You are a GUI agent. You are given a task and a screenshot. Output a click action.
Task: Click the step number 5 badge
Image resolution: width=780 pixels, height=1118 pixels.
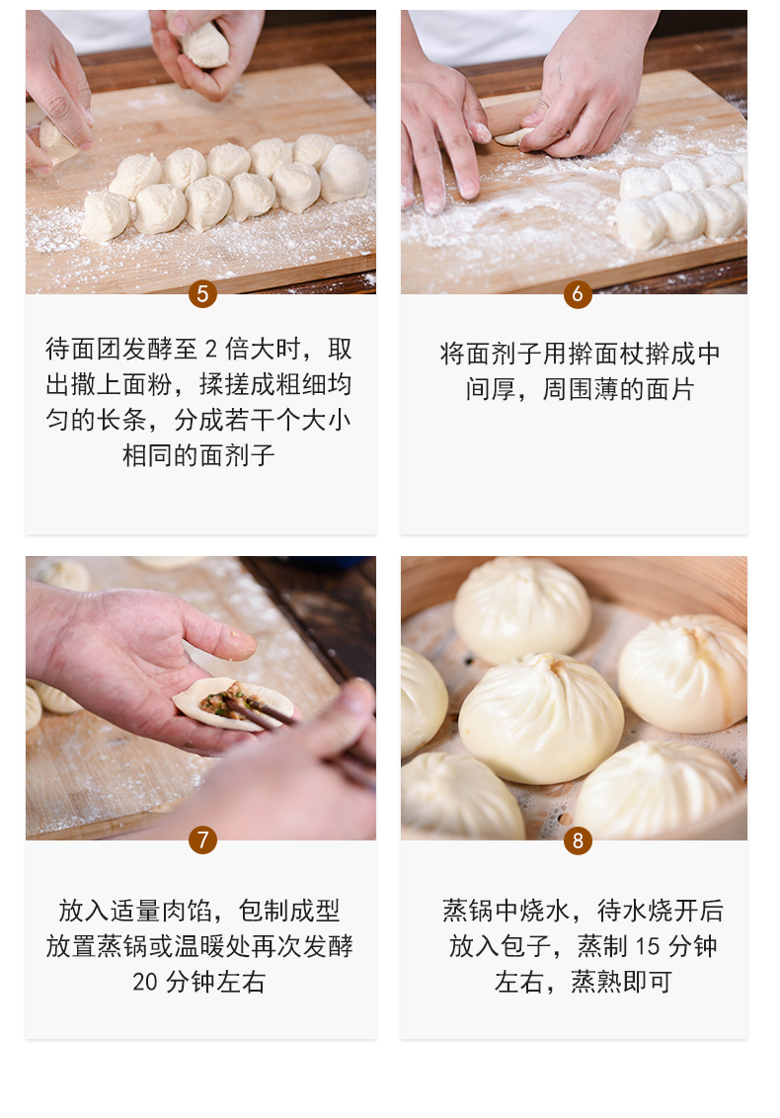202,293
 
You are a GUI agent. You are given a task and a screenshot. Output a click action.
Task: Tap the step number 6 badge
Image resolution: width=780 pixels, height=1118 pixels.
578,293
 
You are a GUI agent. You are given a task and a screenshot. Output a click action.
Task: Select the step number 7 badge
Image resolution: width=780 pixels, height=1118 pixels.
202,839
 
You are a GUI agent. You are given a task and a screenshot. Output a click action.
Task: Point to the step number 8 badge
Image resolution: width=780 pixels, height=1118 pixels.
578,840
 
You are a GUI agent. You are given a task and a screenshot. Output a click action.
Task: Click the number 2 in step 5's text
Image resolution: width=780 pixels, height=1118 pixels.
211,350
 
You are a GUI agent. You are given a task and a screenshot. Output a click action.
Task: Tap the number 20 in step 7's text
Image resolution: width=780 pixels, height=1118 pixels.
145,983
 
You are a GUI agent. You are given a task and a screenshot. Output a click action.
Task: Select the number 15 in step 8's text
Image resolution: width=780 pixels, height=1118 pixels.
648,947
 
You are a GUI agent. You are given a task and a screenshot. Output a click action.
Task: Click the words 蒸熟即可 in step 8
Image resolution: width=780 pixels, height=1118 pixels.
621,983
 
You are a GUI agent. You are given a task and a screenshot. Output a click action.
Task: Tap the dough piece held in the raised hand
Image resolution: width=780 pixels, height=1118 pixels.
204,41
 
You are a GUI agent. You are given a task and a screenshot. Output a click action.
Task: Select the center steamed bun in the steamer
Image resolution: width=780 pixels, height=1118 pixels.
540,718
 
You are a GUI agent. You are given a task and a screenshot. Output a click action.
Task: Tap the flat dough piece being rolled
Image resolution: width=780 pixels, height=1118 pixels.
513,136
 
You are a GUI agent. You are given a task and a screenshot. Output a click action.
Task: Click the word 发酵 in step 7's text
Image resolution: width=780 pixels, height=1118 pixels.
328,947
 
